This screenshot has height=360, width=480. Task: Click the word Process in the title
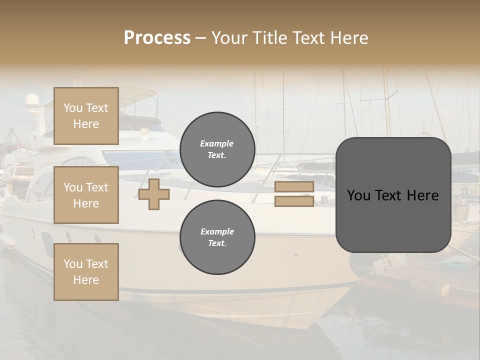click(157, 38)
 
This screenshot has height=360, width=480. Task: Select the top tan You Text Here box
click(86, 116)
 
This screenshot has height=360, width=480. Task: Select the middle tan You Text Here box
click(86, 195)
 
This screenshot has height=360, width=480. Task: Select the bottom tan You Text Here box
click(86, 272)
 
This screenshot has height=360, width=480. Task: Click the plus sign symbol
click(154, 194)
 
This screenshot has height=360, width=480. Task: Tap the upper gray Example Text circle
click(217, 149)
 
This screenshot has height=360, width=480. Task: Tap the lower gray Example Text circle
click(217, 237)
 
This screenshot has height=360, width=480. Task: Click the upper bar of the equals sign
click(294, 187)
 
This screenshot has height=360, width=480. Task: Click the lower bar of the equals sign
click(294, 201)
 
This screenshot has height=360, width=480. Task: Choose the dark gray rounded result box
click(393, 195)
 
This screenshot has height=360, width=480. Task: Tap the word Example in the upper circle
click(217, 143)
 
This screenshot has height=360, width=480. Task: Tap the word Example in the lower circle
click(217, 231)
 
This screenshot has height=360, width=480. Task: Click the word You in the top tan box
click(73, 108)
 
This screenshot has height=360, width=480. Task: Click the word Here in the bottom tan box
click(86, 280)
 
